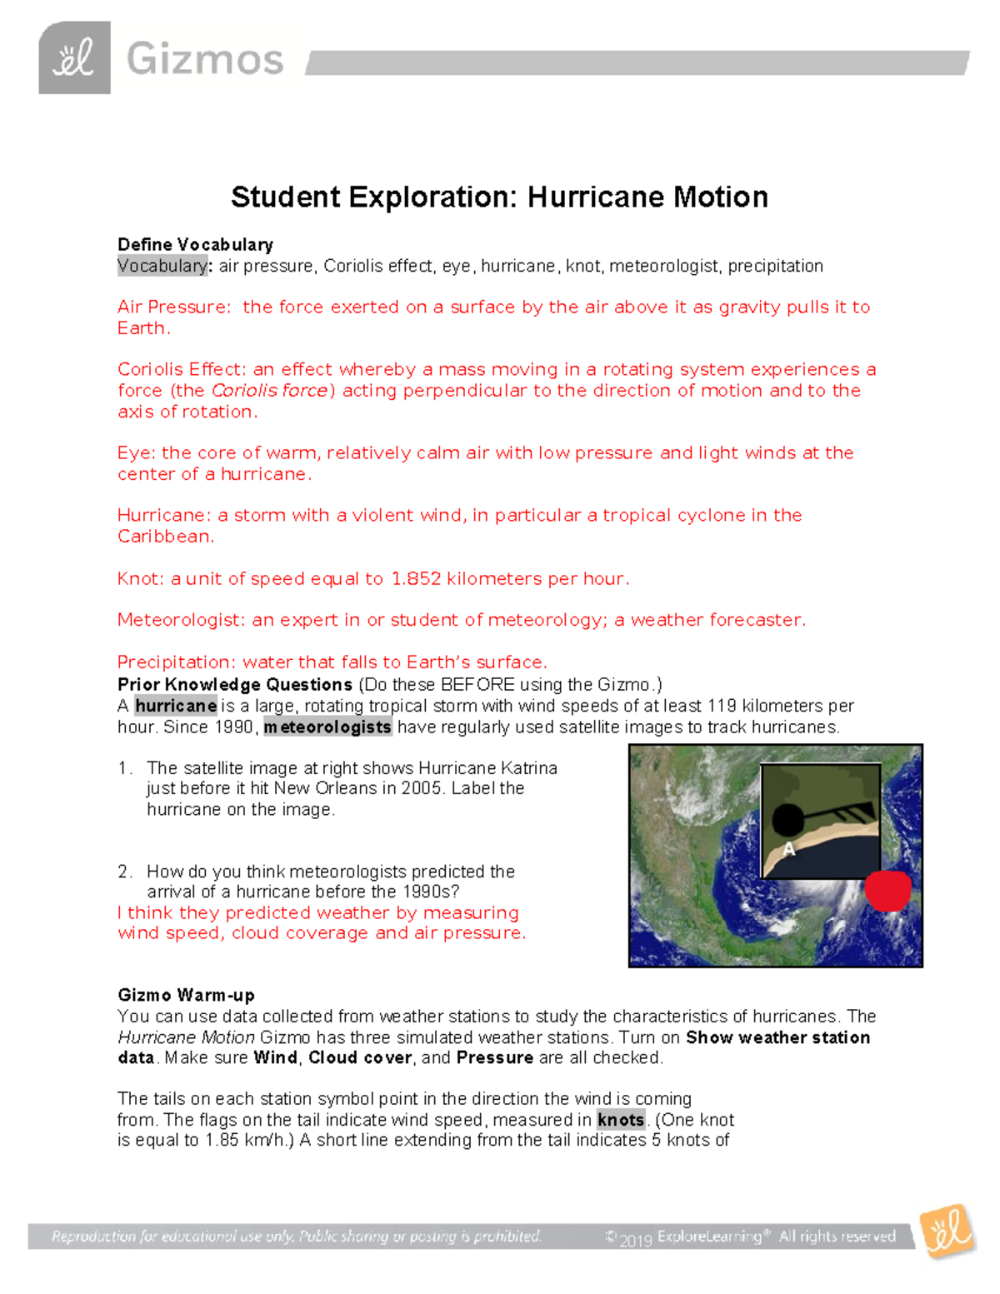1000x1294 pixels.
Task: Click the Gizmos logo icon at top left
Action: [74, 58]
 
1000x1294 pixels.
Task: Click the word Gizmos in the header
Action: [205, 60]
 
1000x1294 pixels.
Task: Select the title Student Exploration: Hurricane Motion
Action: [499, 197]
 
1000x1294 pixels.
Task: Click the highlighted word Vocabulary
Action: [162, 266]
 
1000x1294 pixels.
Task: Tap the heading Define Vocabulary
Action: [195, 244]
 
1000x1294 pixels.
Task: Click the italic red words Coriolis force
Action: [270, 390]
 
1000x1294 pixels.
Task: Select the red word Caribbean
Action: [165, 537]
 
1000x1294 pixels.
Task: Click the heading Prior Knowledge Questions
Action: [235, 684]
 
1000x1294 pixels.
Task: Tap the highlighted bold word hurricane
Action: [176, 706]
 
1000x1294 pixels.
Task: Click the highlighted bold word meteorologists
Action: [327, 727]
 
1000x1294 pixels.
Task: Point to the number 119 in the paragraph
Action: [722, 706]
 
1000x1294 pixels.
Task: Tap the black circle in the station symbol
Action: [787, 821]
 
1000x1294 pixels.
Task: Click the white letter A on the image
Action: [788, 850]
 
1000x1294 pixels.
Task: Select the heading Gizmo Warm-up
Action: [186, 995]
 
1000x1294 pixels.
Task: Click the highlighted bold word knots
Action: [621, 1120]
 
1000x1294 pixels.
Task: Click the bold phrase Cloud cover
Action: [360, 1057]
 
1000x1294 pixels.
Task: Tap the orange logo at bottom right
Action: [947, 1231]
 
